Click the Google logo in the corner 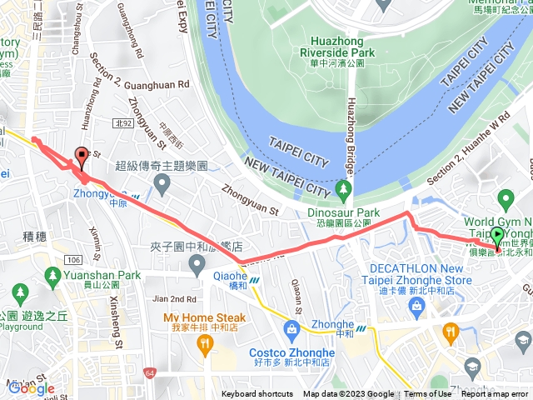pos(31,388)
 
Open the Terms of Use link pos(428,394)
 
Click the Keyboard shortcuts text pos(257,394)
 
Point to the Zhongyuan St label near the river pos(249,197)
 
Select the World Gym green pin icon pos(505,199)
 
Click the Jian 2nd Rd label pos(174,298)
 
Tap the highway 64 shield pos(148,372)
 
